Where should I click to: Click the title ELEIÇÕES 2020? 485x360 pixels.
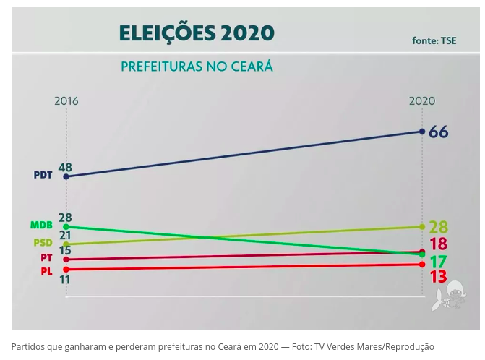(196, 33)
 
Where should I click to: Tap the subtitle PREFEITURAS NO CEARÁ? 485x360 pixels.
(197, 67)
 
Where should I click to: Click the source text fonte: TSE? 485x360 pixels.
(434, 40)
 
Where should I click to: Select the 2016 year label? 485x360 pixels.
(66, 101)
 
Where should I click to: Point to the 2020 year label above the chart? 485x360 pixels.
(422, 101)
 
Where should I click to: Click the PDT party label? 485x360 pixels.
(43, 175)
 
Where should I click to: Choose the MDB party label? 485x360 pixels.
(41, 226)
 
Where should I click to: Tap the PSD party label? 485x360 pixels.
(43, 243)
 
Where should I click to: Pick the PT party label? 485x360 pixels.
(46, 258)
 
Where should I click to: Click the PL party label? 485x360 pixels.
(46, 270)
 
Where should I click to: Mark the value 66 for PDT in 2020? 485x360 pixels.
(438, 132)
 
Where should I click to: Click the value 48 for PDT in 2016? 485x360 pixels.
(65, 167)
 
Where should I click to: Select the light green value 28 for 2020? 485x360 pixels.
(438, 228)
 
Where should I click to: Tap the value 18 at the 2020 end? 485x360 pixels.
(437, 244)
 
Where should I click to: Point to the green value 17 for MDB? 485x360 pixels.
(437, 262)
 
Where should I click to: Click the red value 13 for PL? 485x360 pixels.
(437, 277)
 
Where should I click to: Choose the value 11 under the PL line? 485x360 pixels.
(64, 280)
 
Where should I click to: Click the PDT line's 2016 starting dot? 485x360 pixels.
(66, 176)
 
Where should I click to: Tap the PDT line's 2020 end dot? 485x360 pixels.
(422, 132)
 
